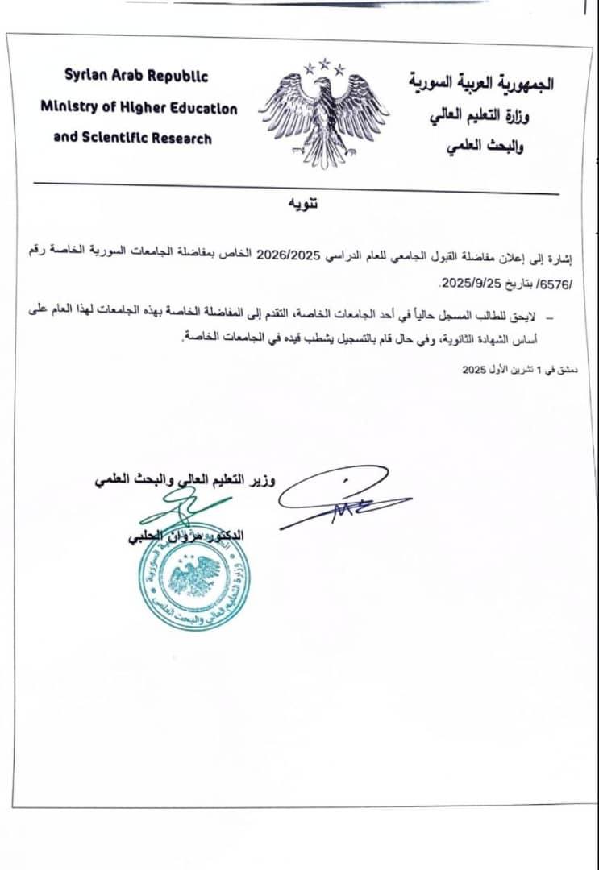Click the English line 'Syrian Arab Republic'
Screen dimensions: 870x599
click(136, 77)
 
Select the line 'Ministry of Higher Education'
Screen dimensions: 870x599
click(139, 107)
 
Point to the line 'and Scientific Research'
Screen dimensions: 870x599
click(133, 138)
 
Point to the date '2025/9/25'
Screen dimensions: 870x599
click(472, 285)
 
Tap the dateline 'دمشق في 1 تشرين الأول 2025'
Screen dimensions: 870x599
click(516, 370)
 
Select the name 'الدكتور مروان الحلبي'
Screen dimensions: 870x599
click(189, 536)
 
